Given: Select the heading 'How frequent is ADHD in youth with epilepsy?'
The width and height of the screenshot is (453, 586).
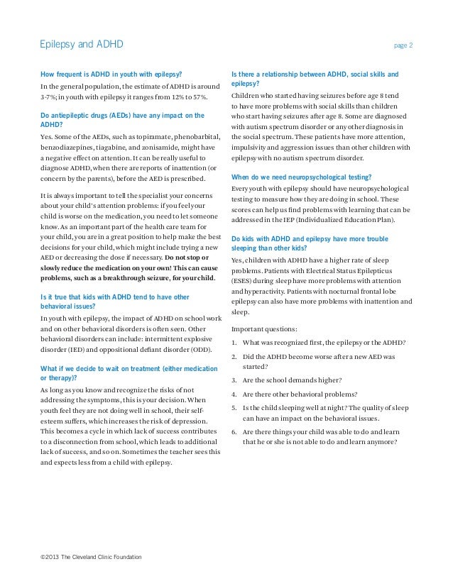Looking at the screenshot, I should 111,74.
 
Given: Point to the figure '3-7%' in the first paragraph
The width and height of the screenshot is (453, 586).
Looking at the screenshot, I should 48,98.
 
